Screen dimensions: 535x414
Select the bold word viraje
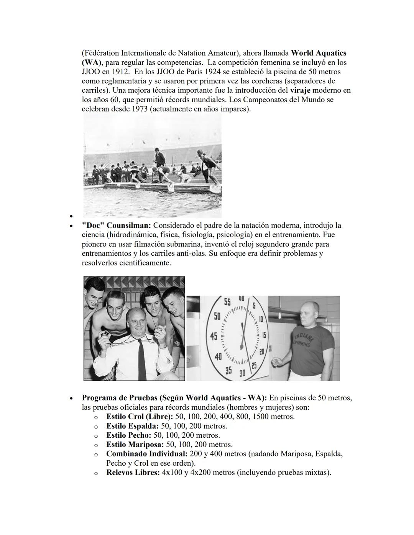coord(299,90)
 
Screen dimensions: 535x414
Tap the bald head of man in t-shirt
coord(310,309)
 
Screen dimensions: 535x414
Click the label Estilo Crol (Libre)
coord(140,417)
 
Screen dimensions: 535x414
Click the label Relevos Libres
coord(133,473)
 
